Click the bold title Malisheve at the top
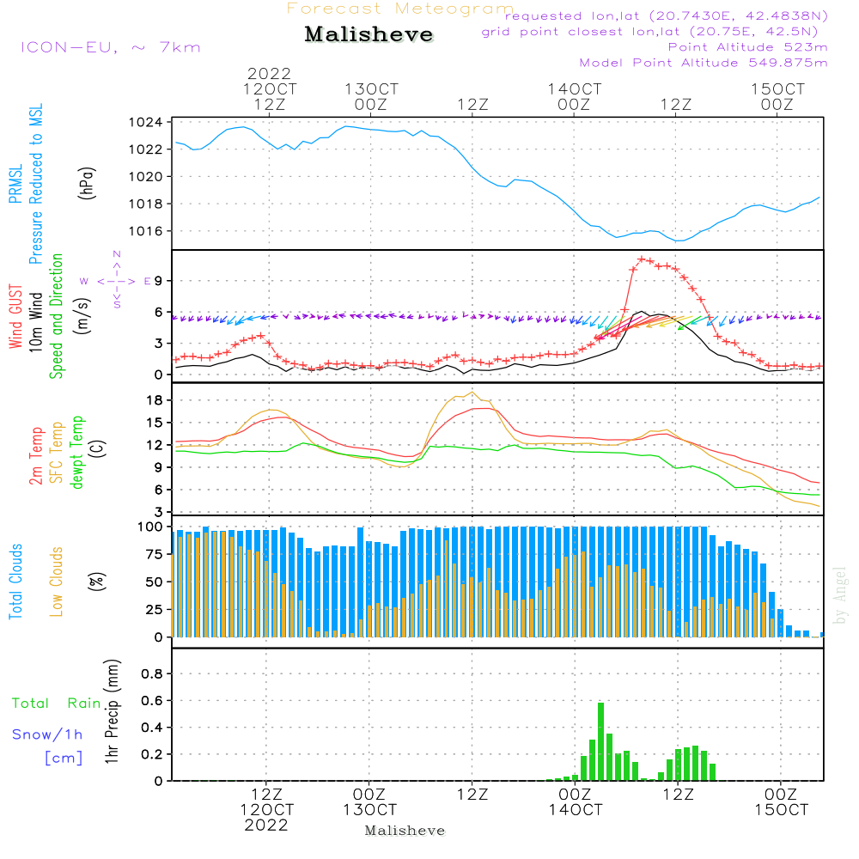pyautogui.click(x=369, y=35)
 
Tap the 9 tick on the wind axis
pyautogui.click(x=159, y=281)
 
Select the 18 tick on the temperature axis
pyautogui.click(x=155, y=400)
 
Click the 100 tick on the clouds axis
pyautogui.click(x=151, y=527)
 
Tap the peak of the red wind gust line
pyautogui.click(x=642, y=259)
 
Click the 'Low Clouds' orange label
pyautogui.click(x=57, y=580)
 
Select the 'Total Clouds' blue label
pyautogui.click(x=16, y=582)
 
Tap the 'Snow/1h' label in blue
pyautogui.click(x=47, y=734)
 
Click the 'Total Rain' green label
pyautogui.click(x=57, y=704)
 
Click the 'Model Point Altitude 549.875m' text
pyautogui.click(x=704, y=63)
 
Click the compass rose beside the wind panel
pyautogui.click(x=116, y=281)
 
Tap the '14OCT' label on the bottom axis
pyautogui.click(x=575, y=810)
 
